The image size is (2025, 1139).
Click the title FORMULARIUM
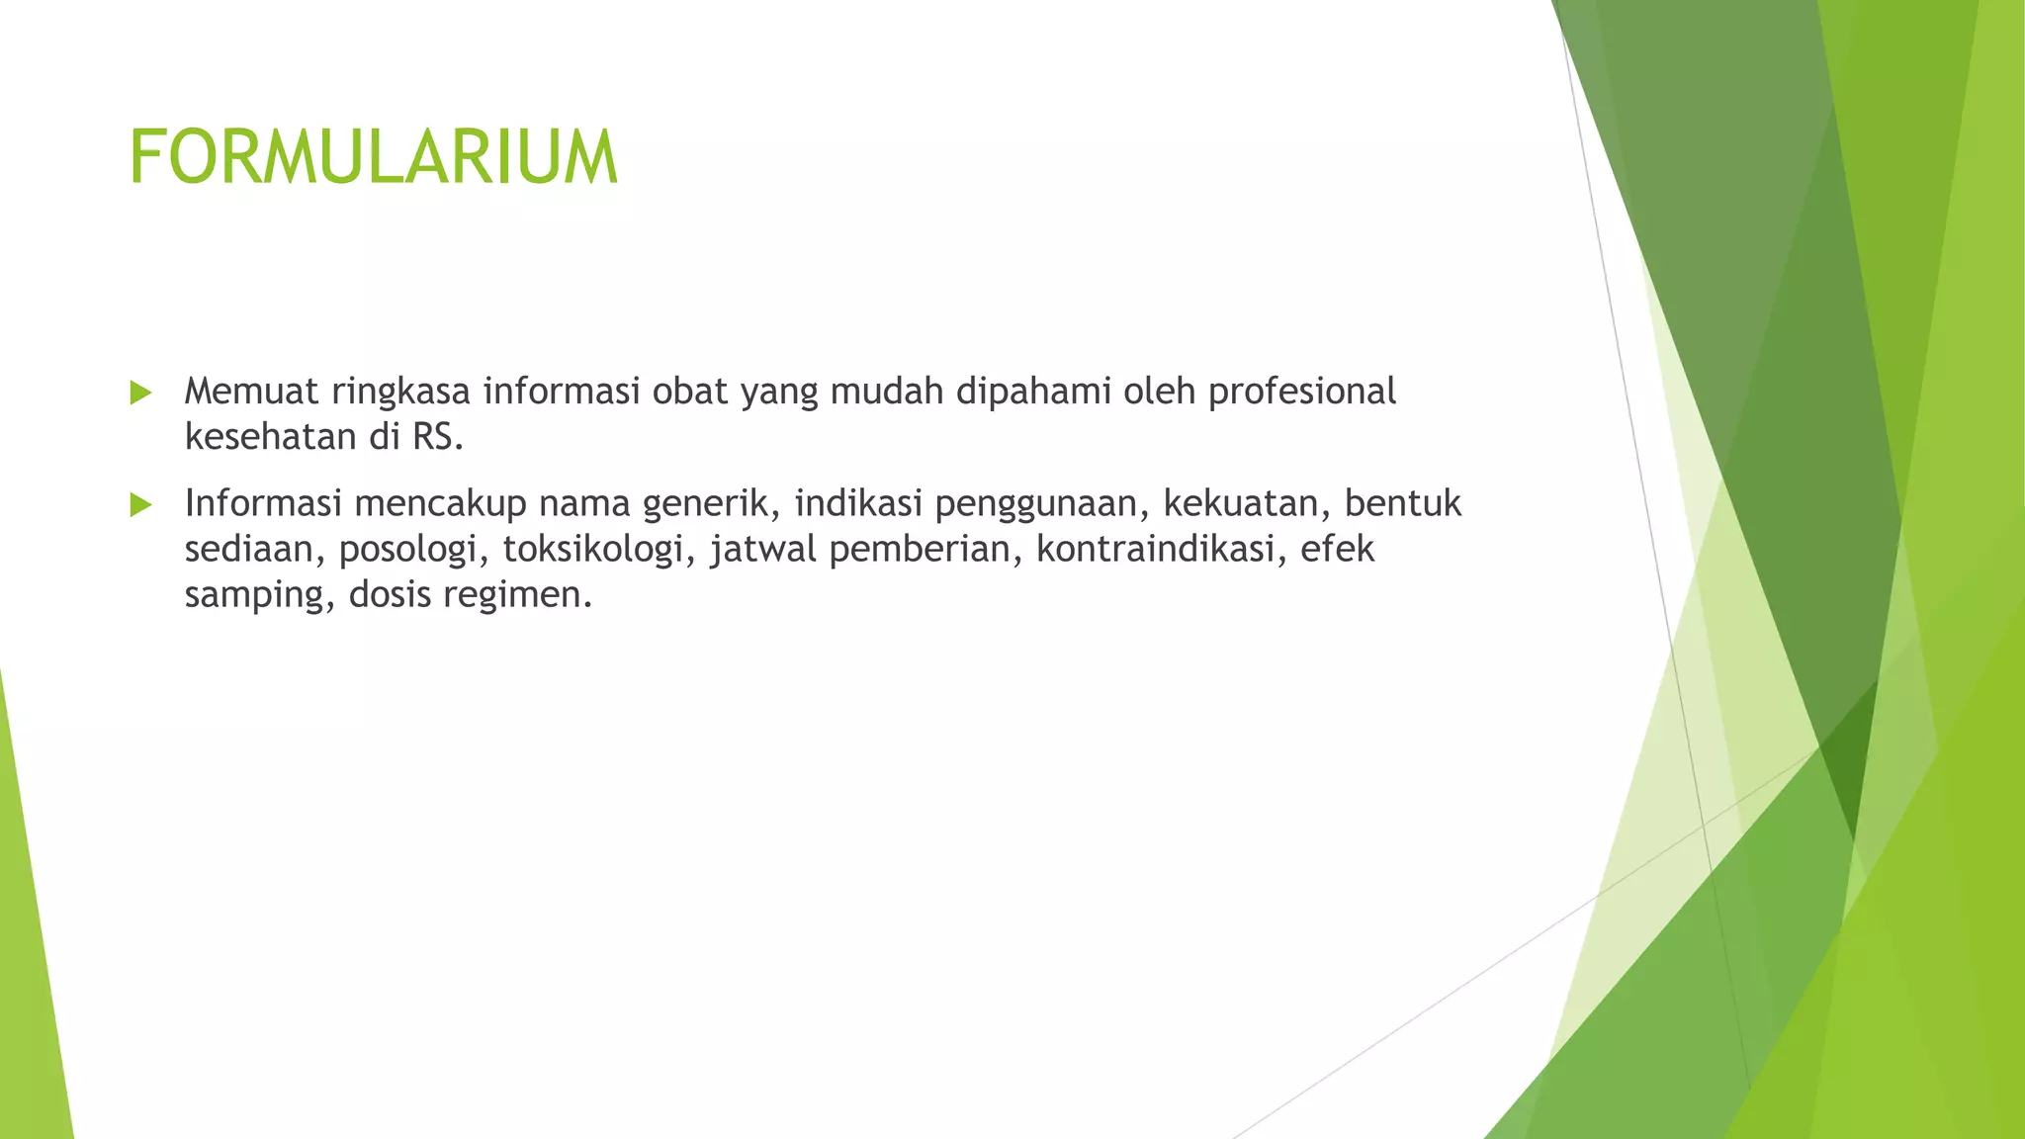coord(373,157)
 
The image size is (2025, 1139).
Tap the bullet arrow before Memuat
coord(140,393)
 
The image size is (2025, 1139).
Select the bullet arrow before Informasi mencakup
coord(140,505)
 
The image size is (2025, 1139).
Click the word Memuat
coord(251,392)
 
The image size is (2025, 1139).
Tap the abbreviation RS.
coord(434,436)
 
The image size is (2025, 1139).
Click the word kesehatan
coord(271,436)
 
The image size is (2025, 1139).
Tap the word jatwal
coord(763,550)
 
